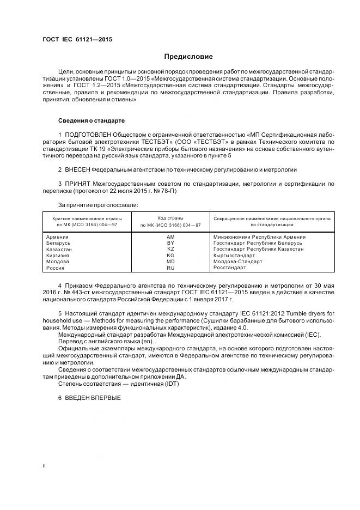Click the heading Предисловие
(188, 57)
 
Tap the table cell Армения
(58, 237)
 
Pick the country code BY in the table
(170, 243)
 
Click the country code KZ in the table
(170, 249)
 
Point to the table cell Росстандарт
(230, 268)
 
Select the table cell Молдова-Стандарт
(237, 262)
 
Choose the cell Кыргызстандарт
(234, 255)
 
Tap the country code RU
(170, 268)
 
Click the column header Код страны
(170, 218)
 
